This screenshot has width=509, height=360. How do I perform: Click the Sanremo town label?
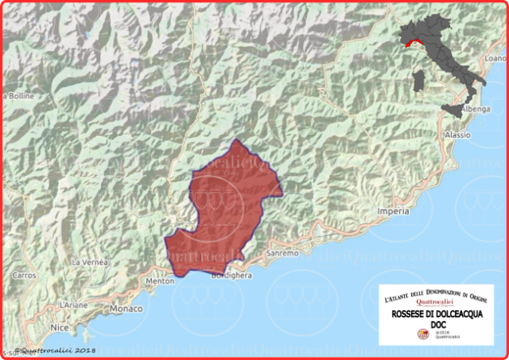[282, 254]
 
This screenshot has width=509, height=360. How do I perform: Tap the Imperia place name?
[393, 211]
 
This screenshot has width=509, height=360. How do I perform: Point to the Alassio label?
[457, 135]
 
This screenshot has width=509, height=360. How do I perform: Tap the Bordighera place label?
[231, 276]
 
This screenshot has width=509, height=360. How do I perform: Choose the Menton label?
[160, 281]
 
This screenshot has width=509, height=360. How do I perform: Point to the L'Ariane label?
[73, 305]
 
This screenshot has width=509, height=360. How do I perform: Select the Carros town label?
[25, 275]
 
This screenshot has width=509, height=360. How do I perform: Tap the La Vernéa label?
[88, 261]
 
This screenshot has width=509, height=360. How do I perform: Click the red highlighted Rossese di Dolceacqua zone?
[227, 211]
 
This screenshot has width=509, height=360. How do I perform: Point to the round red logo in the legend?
[423, 335]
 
